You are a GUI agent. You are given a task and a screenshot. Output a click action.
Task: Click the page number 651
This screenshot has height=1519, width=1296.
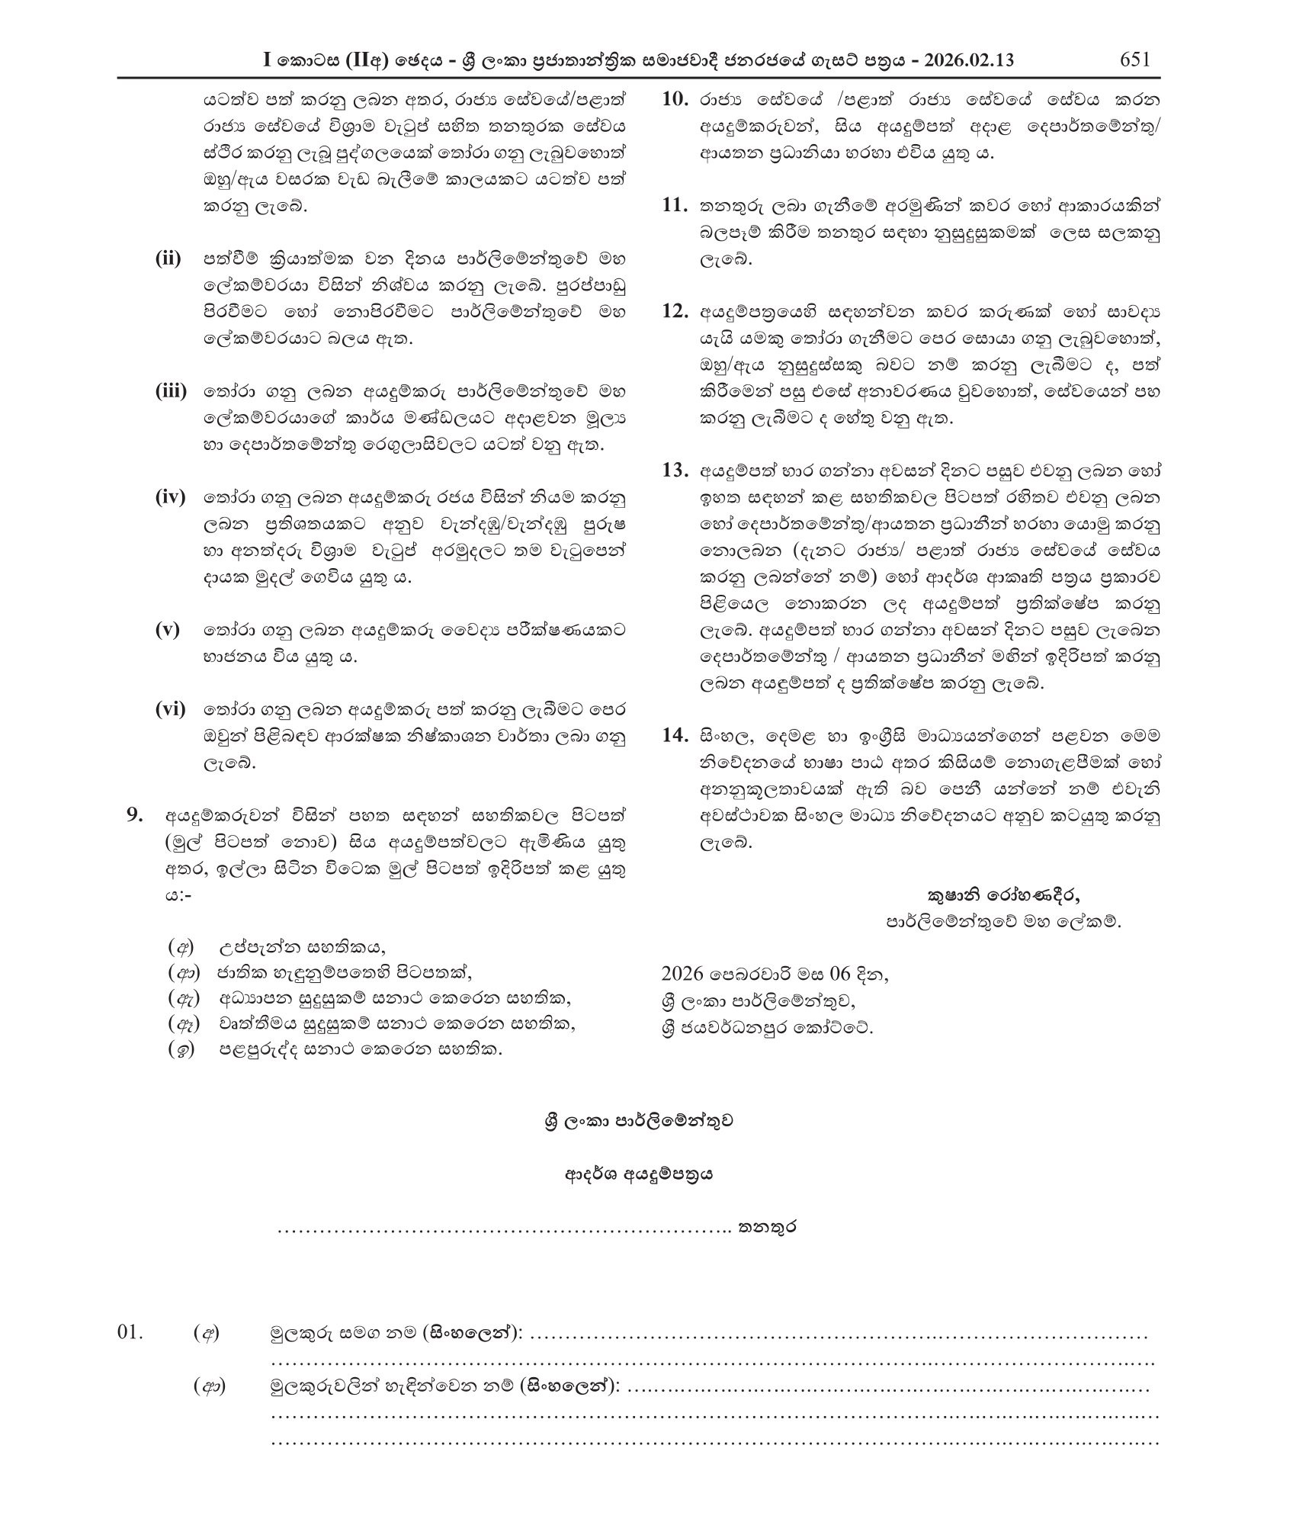click(x=1134, y=59)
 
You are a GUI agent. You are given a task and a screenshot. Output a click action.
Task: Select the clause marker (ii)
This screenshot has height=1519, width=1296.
click(x=168, y=258)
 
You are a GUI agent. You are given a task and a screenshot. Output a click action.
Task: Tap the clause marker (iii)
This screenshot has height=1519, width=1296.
click(x=171, y=391)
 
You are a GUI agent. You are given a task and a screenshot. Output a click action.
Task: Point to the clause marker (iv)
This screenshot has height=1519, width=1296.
click(x=170, y=498)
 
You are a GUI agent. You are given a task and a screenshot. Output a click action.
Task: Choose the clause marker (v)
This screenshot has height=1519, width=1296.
click(x=167, y=630)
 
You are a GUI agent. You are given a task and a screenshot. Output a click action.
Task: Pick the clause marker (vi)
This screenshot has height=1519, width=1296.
click(x=170, y=709)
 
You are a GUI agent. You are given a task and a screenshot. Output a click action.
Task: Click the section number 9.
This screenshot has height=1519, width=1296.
click(x=135, y=816)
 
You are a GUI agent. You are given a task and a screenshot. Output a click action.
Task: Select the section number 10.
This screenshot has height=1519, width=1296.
click(x=675, y=99)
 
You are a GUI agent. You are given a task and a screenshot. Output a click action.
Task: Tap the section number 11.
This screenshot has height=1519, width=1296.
click(x=675, y=205)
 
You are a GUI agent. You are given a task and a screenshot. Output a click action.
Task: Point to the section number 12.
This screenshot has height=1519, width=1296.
click(x=675, y=311)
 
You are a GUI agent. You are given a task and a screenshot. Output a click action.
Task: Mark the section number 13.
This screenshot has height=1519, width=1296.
click(x=675, y=470)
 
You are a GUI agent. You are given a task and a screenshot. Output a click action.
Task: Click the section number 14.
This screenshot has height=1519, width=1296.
click(x=675, y=736)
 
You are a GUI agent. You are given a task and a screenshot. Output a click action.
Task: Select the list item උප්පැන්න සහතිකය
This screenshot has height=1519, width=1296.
click(x=303, y=948)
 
